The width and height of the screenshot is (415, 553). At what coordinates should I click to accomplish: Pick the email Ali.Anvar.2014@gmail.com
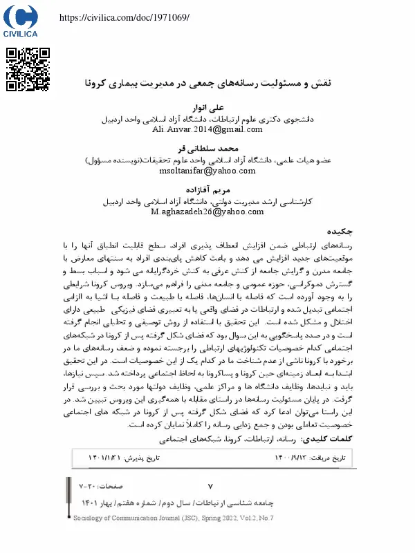[207, 129]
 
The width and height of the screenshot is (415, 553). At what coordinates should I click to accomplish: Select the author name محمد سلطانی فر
[207, 149]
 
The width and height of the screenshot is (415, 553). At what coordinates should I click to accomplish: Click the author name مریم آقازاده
[207, 190]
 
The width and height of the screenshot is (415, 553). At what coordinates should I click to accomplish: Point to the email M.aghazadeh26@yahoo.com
[207, 212]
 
